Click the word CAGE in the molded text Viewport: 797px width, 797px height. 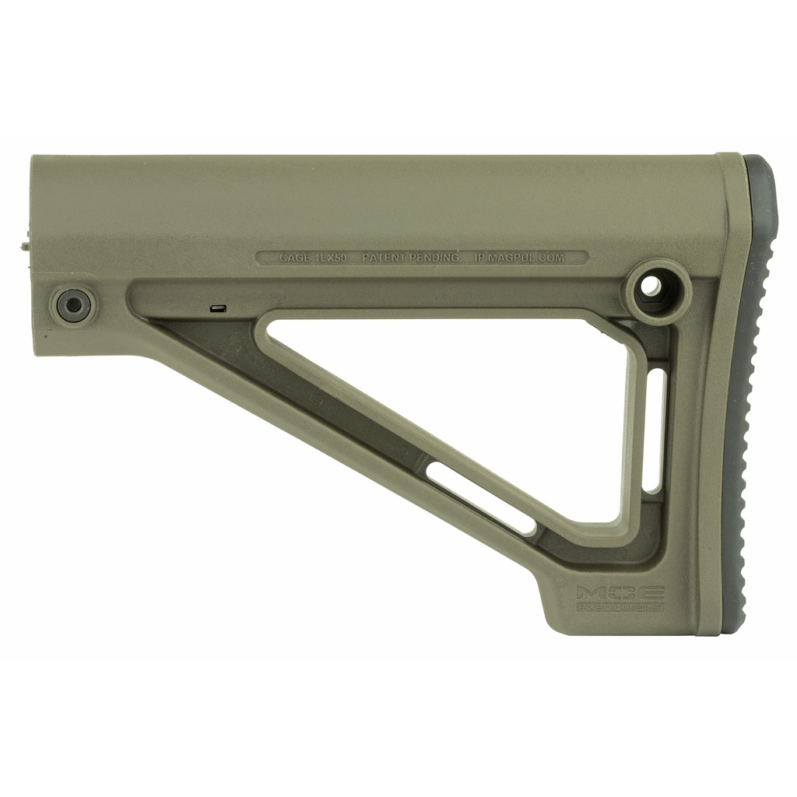tap(295, 257)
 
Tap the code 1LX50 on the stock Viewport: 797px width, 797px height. tap(330, 257)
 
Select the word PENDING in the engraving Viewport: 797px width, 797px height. tap(435, 257)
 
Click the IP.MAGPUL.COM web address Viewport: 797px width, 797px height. tap(519, 257)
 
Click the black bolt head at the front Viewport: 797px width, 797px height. tap(74, 304)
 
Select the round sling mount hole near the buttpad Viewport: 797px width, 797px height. tap(652, 288)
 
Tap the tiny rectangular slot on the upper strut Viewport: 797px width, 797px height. tap(218, 309)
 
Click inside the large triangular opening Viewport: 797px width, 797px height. tap(467, 389)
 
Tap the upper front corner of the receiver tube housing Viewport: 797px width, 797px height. tap(34, 159)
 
